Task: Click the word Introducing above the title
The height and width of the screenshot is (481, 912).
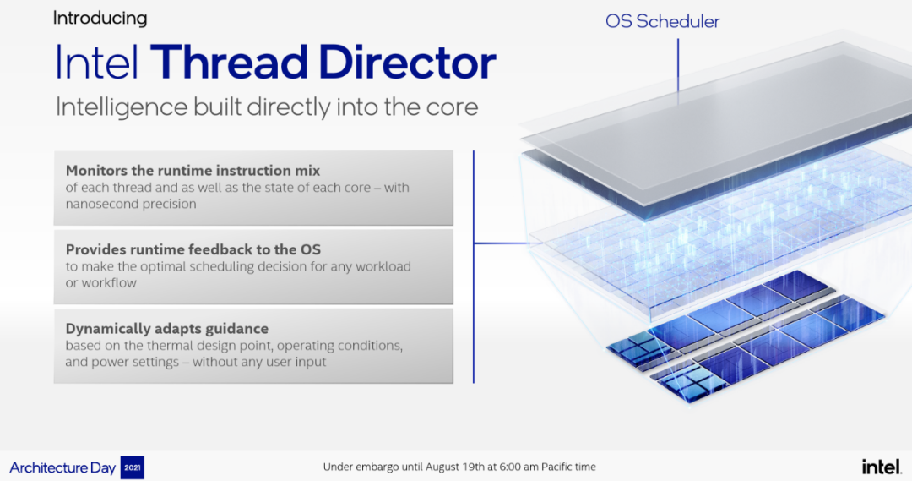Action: click(x=100, y=19)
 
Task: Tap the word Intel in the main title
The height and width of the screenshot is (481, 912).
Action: click(x=97, y=62)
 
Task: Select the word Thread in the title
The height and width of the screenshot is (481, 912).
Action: click(x=229, y=62)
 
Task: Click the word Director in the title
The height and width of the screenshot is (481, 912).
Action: click(x=407, y=62)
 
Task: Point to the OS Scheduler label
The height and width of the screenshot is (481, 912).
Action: click(x=663, y=21)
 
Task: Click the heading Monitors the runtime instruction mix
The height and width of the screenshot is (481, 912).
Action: click(x=193, y=171)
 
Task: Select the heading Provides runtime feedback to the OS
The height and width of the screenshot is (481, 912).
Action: click(x=193, y=249)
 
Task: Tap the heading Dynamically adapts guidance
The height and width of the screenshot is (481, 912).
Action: click(x=167, y=329)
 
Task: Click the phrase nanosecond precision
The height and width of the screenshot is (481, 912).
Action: click(x=131, y=204)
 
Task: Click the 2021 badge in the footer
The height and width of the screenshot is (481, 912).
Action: click(x=132, y=467)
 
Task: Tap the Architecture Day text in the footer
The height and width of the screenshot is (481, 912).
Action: click(x=62, y=467)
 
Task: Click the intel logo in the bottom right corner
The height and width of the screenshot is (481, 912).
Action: click(x=882, y=467)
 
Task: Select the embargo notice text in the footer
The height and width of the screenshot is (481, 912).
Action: click(x=459, y=467)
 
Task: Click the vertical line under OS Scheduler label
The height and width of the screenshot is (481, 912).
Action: click(x=677, y=66)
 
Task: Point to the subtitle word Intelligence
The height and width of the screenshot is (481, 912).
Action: click(x=122, y=107)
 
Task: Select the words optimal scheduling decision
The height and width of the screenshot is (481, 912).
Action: click(x=235, y=266)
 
